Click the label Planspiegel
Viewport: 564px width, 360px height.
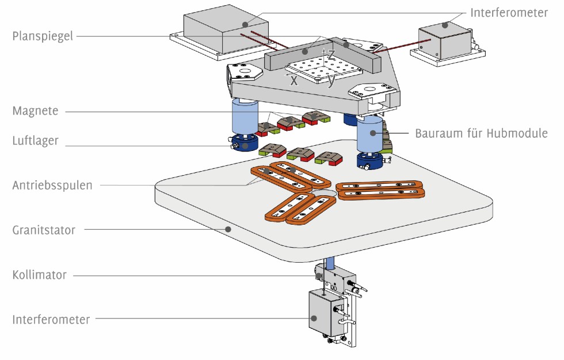[x=43, y=36]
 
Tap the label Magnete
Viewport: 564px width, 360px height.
[x=35, y=111]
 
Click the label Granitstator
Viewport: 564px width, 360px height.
[x=44, y=230]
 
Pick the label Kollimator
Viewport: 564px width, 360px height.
[x=39, y=275]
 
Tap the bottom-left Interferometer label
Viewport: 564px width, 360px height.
[x=51, y=319]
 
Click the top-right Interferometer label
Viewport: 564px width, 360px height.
[x=509, y=12]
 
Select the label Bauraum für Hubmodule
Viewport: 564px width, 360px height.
[x=481, y=133]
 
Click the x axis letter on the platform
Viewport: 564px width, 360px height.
[x=294, y=81]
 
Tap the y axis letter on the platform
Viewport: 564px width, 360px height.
[x=331, y=81]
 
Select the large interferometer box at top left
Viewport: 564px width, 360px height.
[x=226, y=32]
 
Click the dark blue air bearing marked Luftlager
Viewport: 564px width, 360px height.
[x=247, y=145]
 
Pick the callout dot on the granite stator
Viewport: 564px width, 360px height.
[x=228, y=229]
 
